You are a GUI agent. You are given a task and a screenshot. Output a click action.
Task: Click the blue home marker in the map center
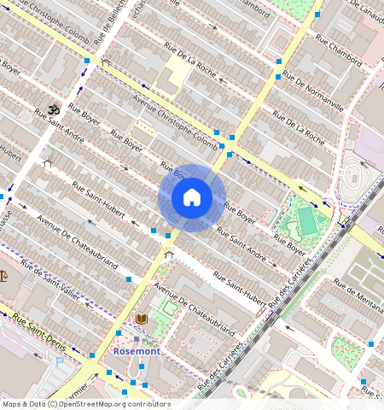coord(192,198)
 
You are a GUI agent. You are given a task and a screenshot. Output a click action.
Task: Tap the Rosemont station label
coord(137,351)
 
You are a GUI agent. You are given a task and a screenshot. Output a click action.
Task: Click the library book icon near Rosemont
coord(142,319)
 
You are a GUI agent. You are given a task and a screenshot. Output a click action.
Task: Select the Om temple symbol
coord(50,110)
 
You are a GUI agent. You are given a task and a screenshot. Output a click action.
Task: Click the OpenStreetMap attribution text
coord(85,404)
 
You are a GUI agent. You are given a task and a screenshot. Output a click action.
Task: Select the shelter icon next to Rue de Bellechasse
coord(105,62)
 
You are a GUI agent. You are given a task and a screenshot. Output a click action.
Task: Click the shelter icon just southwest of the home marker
coord(169,253)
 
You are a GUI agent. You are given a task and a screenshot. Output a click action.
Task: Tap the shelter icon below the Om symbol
coord(47,162)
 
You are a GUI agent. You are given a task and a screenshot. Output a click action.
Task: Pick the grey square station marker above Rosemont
coord(135,339)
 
